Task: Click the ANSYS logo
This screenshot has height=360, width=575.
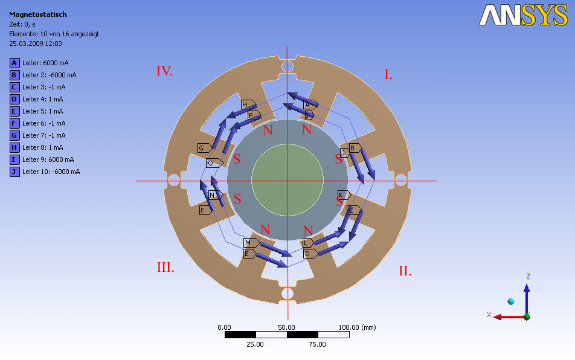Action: pos(523,15)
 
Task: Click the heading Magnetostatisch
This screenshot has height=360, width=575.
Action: pos(38,14)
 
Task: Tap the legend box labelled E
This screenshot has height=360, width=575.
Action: pos(14,111)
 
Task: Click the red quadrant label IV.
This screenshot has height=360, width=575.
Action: pos(165,71)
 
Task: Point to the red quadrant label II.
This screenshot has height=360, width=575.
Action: pos(405,271)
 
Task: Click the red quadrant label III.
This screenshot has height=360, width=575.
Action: pos(165,267)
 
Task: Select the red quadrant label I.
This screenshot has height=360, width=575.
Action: pos(388,75)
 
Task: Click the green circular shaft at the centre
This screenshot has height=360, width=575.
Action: pos(287,180)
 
